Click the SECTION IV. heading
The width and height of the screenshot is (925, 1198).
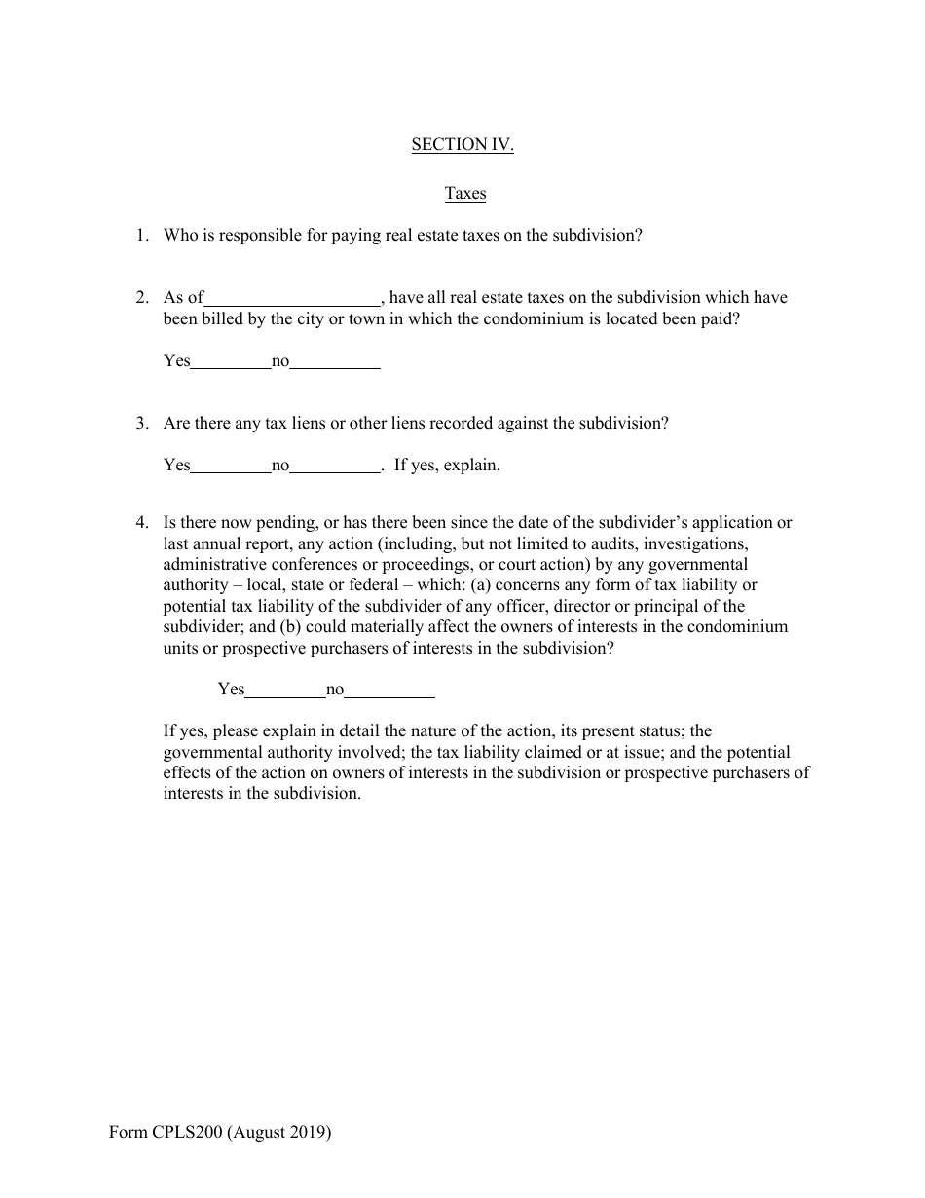click(x=462, y=145)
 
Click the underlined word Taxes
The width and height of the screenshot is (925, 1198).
click(x=465, y=193)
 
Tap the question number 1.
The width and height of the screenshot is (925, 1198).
click(x=142, y=235)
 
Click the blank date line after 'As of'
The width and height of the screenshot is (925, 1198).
click(x=292, y=299)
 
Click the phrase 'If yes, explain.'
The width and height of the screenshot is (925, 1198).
click(x=447, y=465)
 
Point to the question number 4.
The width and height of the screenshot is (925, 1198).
click(x=142, y=522)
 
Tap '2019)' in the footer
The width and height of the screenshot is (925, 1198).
click(x=311, y=1133)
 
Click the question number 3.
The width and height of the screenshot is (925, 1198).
click(x=142, y=423)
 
